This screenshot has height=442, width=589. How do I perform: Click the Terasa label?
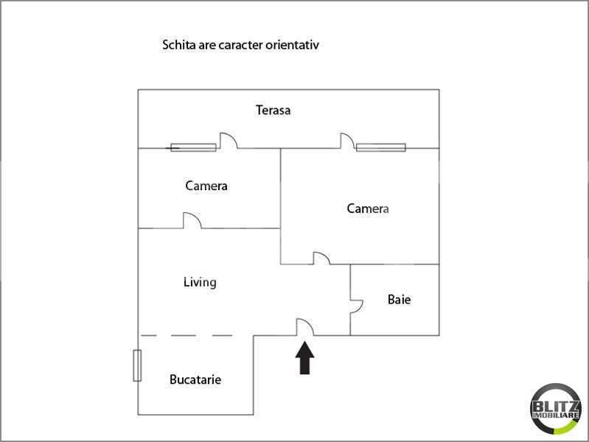(x=273, y=110)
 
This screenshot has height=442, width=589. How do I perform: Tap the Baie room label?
(x=399, y=300)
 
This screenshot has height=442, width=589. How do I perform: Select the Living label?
(x=200, y=282)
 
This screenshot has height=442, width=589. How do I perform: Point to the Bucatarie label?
(x=195, y=380)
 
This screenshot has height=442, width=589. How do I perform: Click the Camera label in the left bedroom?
(x=206, y=186)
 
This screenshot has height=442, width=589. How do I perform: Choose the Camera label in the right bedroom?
(x=368, y=208)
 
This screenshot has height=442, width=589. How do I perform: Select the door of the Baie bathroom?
(x=356, y=306)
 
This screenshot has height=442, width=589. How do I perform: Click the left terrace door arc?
(x=228, y=140)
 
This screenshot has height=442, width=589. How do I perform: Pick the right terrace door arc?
(x=346, y=140)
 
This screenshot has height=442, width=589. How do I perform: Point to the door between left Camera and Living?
(x=192, y=220)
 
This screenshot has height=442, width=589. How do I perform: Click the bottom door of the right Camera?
(x=321, y=258)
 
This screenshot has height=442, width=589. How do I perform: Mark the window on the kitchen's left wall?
(x=137, y=365)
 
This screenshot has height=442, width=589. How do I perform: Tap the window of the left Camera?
(x=193, y=147)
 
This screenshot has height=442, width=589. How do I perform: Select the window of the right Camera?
(x=381, y=147)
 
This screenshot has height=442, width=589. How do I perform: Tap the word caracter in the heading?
(x=238, y=45)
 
